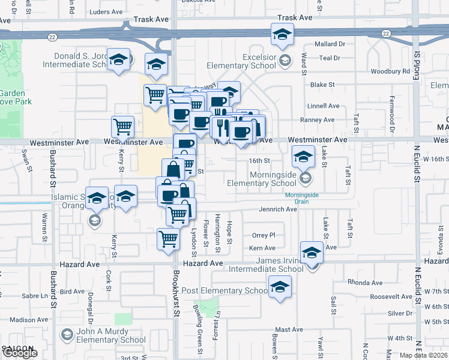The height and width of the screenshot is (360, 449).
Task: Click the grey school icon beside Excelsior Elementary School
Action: tap(285, 60)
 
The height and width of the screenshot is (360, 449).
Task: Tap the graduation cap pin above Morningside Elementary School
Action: tap(303, 157)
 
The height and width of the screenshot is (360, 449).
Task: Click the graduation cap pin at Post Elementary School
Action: tap(279, 288)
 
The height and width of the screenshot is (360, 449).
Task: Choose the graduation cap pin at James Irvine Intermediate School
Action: tap(312, 252)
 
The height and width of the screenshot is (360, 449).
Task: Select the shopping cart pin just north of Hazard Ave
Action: tap(169, 238)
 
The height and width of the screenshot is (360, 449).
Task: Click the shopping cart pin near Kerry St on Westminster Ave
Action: tap(122, 127)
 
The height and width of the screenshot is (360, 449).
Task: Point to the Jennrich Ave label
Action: tap(278, 209)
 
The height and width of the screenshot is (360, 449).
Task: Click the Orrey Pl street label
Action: tap(264, 235)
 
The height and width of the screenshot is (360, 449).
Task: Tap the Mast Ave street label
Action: tap(289, 329)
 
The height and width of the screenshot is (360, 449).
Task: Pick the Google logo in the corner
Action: tap(20, 353)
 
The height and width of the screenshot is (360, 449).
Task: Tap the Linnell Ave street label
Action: tap(324, 105)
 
